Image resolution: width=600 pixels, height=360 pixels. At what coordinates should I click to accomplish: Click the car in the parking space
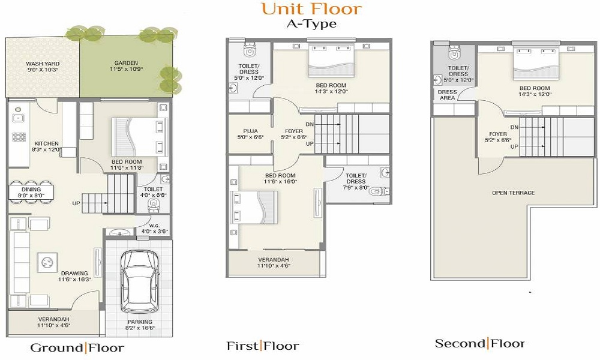tap(139, 281)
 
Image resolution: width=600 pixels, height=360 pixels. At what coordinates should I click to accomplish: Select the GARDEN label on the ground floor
tap(125, 63)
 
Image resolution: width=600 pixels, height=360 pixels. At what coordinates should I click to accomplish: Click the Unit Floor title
tap(311, 8)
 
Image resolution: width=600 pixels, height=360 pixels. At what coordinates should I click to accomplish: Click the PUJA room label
tap(251, 130)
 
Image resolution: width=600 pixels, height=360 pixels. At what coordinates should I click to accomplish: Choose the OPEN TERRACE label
tap(513, 193)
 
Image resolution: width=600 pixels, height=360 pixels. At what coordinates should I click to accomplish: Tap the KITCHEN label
tap(46, 143)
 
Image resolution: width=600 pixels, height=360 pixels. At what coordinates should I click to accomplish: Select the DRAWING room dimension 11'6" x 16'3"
tap(74, 279)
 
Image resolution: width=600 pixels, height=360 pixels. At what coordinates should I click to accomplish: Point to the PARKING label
tap(139, 322)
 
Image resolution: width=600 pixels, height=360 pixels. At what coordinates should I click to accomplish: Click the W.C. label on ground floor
tap(155, 226)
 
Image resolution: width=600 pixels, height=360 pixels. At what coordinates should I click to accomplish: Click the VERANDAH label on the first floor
tap(274, 259)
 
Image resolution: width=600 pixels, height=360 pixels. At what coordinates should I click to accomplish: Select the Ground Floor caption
tap(77, 347)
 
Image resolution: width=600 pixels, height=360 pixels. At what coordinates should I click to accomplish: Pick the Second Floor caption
tap(479, 343)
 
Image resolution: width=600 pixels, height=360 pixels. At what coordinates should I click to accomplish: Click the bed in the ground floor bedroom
tap(138, 137)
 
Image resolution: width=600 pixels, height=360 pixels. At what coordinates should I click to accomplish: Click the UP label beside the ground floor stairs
tap(76, 203)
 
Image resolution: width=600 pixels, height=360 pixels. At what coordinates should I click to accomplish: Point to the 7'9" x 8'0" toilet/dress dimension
tap(356, 187)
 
